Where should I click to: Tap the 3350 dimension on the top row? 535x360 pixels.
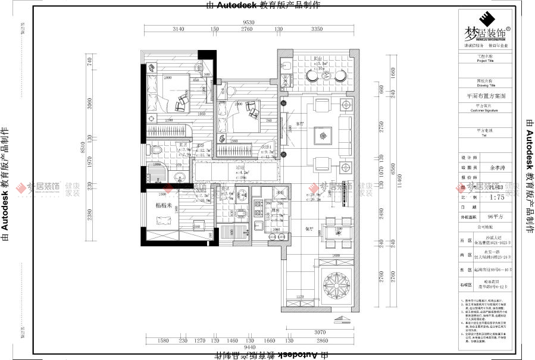point(316,29)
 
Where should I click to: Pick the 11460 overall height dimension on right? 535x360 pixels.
point(401,185)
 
